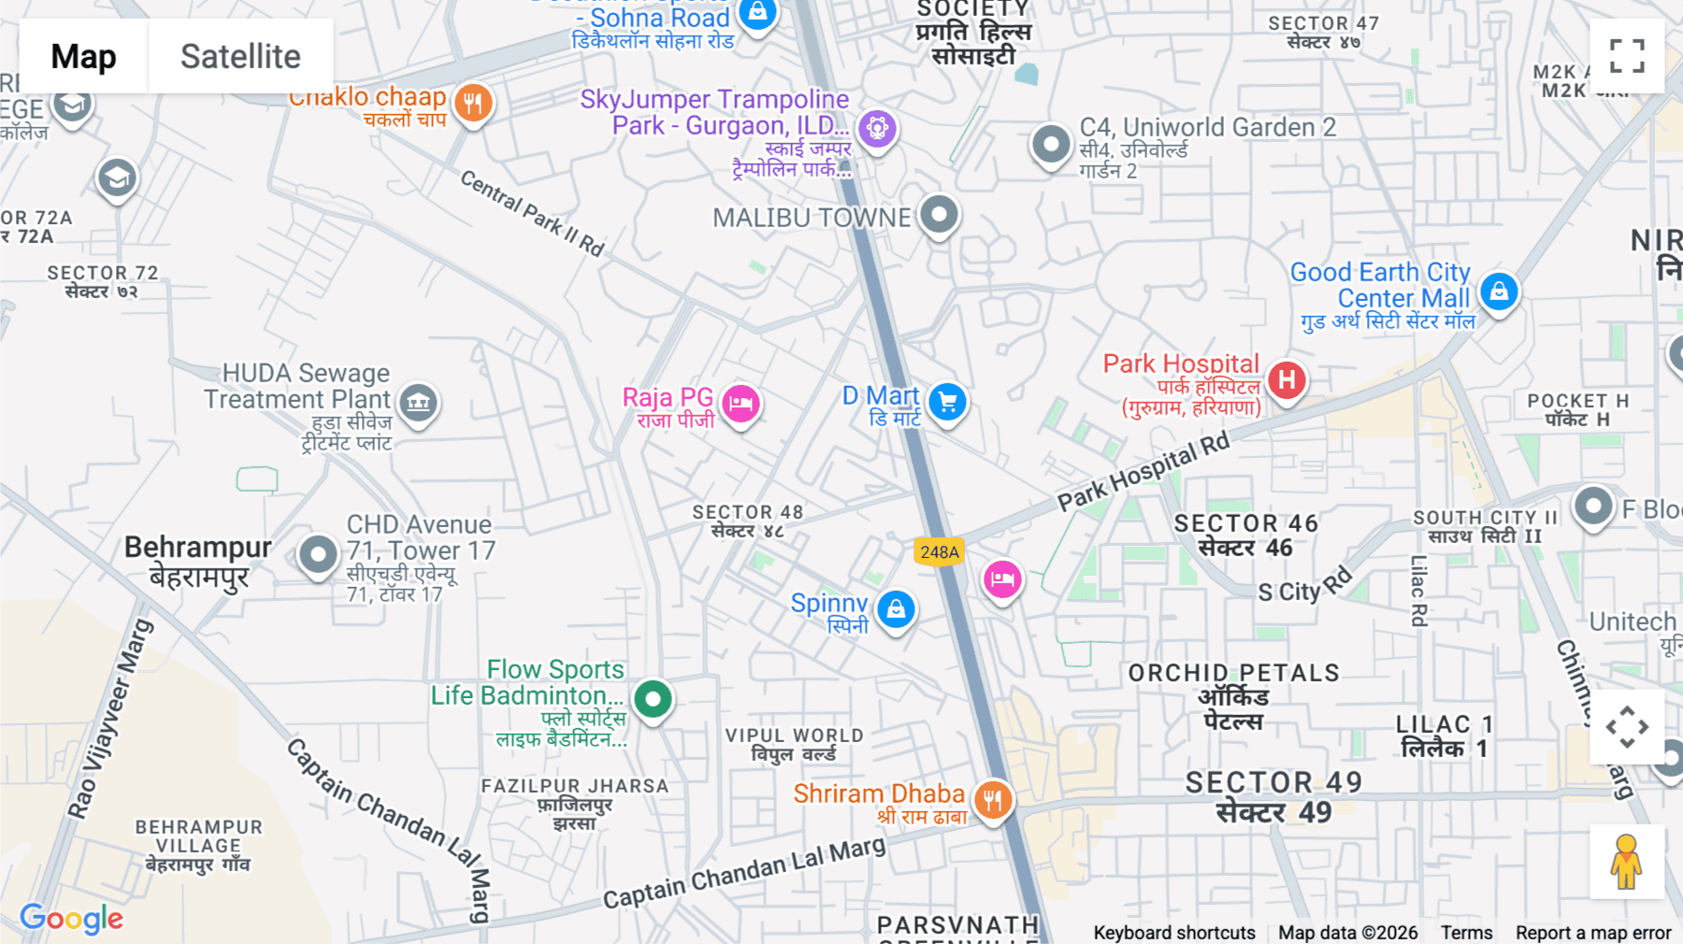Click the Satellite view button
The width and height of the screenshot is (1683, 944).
240,56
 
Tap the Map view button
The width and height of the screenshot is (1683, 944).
83,56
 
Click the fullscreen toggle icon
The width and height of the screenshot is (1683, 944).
1627,56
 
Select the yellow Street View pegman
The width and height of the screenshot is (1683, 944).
1626,862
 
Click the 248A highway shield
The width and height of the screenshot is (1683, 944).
939,551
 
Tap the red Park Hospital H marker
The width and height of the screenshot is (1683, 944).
1287,380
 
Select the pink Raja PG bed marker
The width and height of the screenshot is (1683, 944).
741,404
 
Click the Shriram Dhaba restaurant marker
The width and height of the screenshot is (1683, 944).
992,800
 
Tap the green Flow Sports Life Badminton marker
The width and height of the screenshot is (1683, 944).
653,698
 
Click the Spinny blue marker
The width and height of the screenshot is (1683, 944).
896,609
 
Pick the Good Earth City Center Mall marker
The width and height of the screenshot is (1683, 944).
1499,292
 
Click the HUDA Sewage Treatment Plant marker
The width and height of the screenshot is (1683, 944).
418,403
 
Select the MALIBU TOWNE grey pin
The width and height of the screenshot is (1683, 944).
939,215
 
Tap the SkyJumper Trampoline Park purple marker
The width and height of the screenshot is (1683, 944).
877,128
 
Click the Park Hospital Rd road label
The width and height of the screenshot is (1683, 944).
1143,472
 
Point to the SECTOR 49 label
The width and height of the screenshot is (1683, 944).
1273,782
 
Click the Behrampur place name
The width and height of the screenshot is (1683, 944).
198,547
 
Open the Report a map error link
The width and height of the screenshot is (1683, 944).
1592,933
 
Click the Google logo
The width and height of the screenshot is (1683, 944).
72,919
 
